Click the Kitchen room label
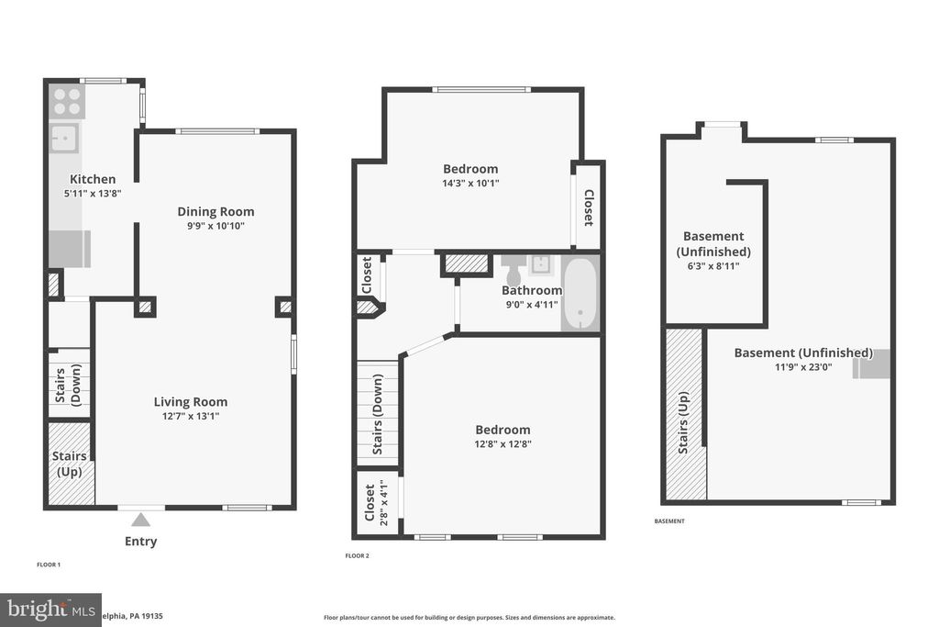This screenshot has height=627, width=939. pyautogui.click(x=93, y=179)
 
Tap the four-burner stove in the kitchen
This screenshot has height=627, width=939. pyautogui.click(x=67, y=101)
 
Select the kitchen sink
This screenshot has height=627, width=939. pyautogui.click(x=64, y=139)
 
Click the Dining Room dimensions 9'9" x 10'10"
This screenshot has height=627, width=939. pyautogui.click(x=215, y=226)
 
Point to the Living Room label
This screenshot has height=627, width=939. pyautogui.click(x=190, y=401)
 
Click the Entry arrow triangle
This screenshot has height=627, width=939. pyautogui.click(x=140, y=520)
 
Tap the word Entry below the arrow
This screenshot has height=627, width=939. pyautogui.click(x=140, y=542)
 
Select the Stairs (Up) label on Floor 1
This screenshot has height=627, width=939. pyautogui.click(x=70, y=464)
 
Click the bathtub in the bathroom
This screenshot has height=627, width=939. pyautogui.click(x=580, y=294)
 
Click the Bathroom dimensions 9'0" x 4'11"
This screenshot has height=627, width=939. pyautogui.click(x=531, y=305)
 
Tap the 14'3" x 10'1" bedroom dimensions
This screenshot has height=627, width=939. pyautogui.click(x=470, y=183)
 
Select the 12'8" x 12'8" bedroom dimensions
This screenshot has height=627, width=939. pyautogui.click(x=503, y=444)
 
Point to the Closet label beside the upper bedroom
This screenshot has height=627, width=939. pyautogui.click(x=588, y=207)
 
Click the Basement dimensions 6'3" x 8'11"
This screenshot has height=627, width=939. pyautogui.click(x=713, y=266)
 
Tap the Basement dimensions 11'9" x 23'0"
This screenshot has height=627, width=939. pyautogui.click(x=802, y=367)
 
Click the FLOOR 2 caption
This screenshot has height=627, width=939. pyautogui.click(x=357, y=556)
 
